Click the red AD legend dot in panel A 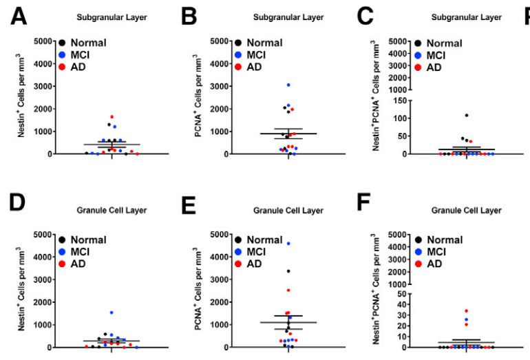point(62,67)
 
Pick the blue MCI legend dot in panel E point(238,251)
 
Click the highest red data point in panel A point(112,117)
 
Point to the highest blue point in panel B point(288,85)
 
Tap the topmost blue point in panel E point(288,244)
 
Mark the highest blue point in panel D point(112,313)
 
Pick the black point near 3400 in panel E point(288,271)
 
